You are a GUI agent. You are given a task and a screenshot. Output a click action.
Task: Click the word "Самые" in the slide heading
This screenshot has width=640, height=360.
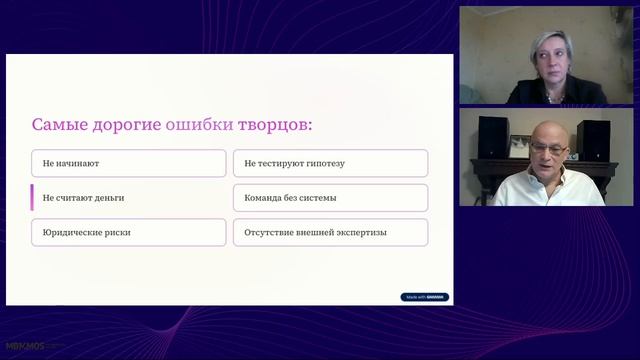pos(58,125)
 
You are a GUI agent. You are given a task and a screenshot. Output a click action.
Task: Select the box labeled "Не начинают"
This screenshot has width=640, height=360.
pos(128,163)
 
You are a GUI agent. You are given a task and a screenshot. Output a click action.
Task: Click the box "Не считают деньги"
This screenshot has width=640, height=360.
pos(128,198)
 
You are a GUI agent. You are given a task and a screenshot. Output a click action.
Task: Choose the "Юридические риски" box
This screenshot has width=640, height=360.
pos(128,232)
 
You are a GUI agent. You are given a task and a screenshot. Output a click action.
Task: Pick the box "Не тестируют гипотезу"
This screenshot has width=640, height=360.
pos(330,163)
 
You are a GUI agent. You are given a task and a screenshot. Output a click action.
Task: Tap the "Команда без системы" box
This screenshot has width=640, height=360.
pos(330,198)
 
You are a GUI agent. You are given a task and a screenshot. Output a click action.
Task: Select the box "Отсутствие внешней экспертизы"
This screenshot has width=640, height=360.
pos(330,232)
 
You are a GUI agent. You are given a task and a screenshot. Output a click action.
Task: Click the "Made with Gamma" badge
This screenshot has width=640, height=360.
pos(425,297)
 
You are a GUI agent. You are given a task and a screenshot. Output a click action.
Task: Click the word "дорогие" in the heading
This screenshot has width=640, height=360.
pos(129,125)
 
